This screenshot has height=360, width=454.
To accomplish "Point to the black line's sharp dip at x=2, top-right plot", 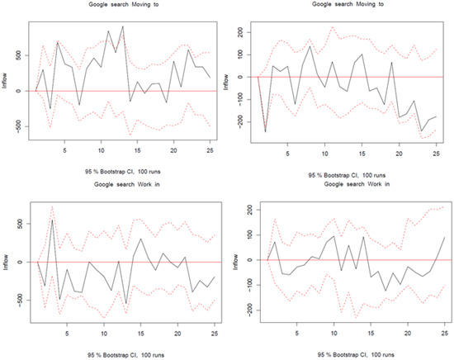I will tap(266, 131).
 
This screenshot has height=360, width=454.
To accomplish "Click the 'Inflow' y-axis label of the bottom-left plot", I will tap(7, 262).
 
